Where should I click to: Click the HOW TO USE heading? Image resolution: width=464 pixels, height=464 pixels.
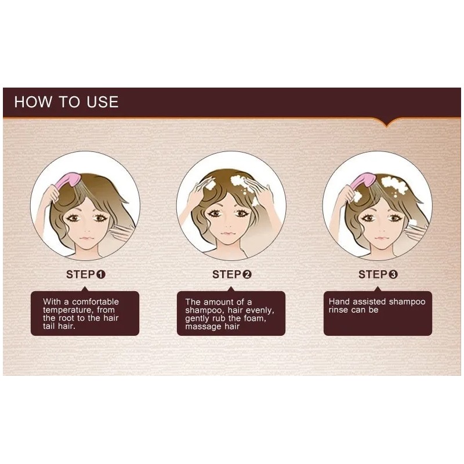(66, 102)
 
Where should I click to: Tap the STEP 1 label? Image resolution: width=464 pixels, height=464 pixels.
(86, 274)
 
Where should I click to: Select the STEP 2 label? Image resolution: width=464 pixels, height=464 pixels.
(232, 274)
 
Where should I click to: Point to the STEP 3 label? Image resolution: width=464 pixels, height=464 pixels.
(378, 274)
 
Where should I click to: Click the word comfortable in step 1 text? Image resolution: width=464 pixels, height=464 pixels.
(95, 302)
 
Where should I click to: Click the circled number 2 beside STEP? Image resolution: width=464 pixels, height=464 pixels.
(247, 274)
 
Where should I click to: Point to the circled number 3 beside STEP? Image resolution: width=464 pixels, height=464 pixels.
(393, 274)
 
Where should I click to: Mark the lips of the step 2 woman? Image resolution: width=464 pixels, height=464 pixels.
(228, 234)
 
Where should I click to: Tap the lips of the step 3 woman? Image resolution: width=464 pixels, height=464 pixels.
(381, 238)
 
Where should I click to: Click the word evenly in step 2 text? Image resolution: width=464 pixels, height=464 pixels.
(260, 310)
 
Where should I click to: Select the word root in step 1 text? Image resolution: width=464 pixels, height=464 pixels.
(65, 318)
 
